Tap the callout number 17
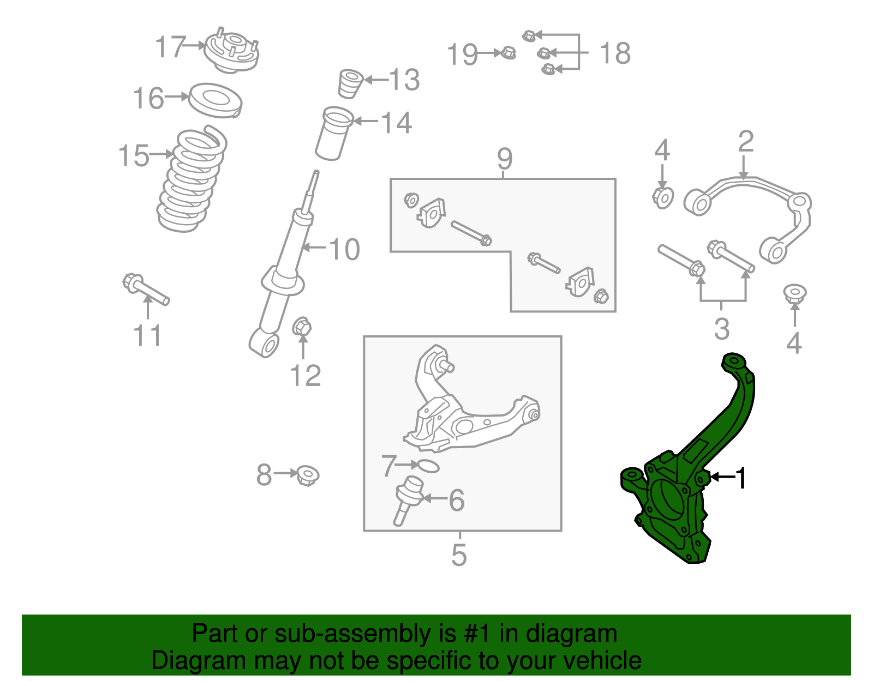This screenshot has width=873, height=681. [170, 47]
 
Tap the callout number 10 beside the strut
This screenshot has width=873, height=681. [344, 250]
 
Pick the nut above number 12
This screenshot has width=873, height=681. [302, 328]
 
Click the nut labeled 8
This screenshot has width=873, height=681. [308, 475]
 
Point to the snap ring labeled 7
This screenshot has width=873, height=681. [427, 466]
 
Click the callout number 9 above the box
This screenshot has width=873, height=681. [505, 159]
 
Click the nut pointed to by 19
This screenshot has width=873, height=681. [508, 53]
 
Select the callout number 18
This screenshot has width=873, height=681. [615, 53]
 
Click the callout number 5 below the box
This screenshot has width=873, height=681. [459, 555]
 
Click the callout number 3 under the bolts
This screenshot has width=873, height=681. [722, 329]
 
